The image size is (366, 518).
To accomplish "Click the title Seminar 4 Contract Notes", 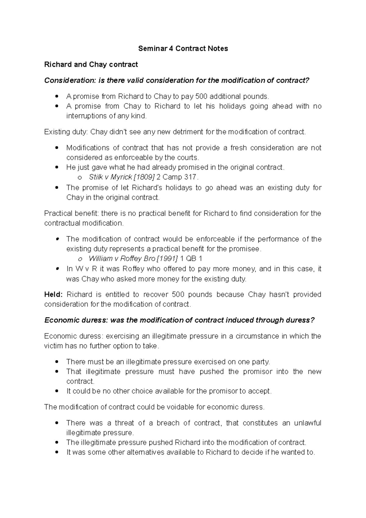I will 183,49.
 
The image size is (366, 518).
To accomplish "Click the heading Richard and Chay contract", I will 91,64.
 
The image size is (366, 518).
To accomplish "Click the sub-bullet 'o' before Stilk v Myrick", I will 80,178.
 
